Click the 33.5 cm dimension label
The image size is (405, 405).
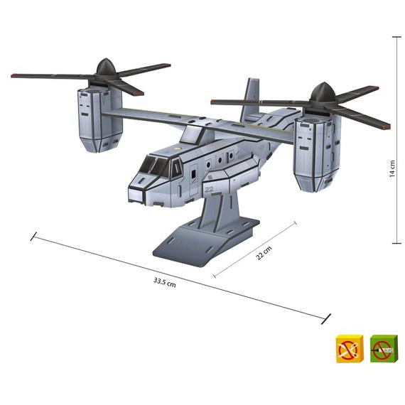click(165, 282)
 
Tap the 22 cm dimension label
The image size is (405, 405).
click(264, 253)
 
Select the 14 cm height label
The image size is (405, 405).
click(392, 168)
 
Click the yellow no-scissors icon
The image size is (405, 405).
click(350, 349)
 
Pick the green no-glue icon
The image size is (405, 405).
click(384, 349)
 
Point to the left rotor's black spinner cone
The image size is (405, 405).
click(105, 67)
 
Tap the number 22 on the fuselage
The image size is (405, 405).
click(209, 189)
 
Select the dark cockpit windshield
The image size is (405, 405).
click(154, 166)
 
